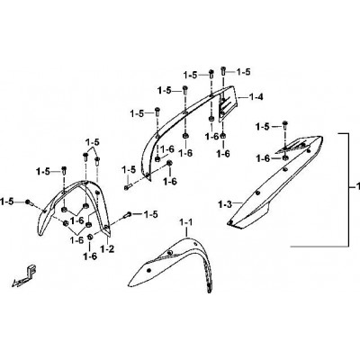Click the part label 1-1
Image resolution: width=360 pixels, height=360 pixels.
coord(185,222)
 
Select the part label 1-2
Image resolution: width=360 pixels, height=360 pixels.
coord(107,248)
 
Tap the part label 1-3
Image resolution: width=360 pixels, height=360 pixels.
coord(225,205)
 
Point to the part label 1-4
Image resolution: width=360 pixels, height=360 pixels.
coord(256,97)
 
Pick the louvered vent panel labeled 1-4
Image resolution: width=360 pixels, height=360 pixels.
coord(227,103)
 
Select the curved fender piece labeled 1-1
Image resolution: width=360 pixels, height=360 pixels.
coord(173,261)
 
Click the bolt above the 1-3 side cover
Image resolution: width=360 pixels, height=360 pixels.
coord(284,124)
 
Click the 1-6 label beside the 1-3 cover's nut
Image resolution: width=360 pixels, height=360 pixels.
coord(263,158)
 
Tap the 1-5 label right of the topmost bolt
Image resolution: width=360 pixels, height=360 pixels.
coord(243,72)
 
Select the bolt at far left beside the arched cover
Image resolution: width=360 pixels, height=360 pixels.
coord(29,202)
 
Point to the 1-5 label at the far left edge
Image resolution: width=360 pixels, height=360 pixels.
coord(6,202)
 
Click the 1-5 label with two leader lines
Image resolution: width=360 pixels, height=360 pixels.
coord(92,142)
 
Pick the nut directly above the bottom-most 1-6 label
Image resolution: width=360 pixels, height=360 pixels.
coord(90,238)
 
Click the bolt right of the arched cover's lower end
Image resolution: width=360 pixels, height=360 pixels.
coord(128,215)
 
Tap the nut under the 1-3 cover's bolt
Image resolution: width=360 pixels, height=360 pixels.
coord(285,157)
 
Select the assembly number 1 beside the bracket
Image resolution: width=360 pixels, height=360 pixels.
coord(357,187)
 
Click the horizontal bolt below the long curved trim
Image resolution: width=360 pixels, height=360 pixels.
coord(127,187)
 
